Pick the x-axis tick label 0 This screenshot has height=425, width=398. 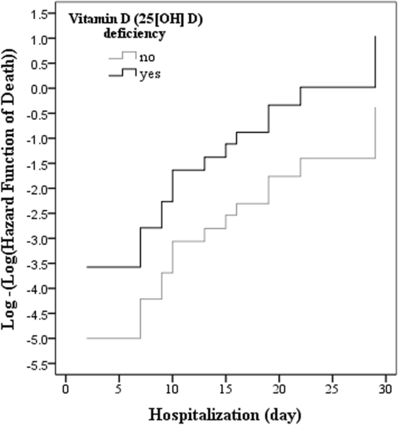pos(66,388)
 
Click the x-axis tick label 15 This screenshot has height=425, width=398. pos(225,388)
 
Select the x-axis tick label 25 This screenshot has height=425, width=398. pos(332,388)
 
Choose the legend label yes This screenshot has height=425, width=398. pos(149,74)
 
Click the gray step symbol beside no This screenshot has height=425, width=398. pos(123,56)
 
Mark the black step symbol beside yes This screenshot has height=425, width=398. pos(123,72)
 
